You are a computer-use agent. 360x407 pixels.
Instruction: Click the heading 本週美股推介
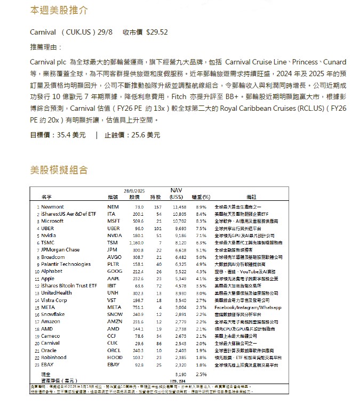point(59,11)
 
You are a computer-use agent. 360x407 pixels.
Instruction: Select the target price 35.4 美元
point(71,135)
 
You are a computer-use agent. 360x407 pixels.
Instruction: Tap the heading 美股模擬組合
point(59,170)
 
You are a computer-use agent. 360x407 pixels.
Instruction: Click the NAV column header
point(176,190)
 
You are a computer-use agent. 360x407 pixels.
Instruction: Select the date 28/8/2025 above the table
point(134,191)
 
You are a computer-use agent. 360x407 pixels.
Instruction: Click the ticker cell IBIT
point(113,286)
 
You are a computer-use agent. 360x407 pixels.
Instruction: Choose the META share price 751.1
point(138,307)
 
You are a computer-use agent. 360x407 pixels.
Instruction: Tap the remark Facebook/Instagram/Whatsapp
point(247,307)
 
